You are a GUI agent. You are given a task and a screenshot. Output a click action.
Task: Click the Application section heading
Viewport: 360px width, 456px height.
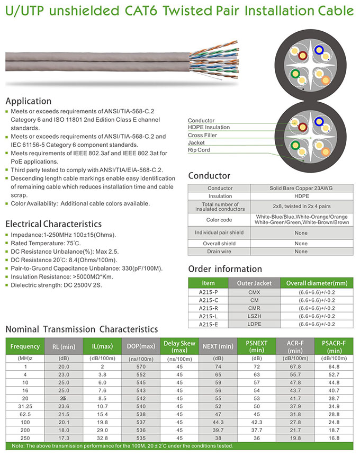point(29,101)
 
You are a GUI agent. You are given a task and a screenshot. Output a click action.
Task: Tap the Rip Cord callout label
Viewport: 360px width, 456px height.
point(199,150)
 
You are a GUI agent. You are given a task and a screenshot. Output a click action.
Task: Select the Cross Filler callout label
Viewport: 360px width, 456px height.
point(202,135)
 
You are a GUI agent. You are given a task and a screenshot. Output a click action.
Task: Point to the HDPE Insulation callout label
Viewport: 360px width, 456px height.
point(209,127)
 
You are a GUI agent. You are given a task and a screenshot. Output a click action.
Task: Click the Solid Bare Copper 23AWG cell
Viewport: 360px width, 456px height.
point(301,188)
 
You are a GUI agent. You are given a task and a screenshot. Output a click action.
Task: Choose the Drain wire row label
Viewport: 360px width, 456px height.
point(220,252)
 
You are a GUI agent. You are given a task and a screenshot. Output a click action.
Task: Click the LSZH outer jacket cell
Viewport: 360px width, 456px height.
point(254,316)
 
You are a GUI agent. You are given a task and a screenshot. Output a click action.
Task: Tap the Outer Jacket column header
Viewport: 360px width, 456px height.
point(254,283)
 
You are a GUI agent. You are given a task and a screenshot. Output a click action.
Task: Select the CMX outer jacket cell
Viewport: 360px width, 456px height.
point(254,292)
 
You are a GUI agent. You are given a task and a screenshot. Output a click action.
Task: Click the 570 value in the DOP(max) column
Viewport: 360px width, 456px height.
point(140,366)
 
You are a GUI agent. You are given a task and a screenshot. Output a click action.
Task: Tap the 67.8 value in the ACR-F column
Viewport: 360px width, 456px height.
point(295,366)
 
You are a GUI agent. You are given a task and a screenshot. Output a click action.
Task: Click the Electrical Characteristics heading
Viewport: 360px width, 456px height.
point(53,223)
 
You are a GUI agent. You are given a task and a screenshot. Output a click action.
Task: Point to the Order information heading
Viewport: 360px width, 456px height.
point(225,269)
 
